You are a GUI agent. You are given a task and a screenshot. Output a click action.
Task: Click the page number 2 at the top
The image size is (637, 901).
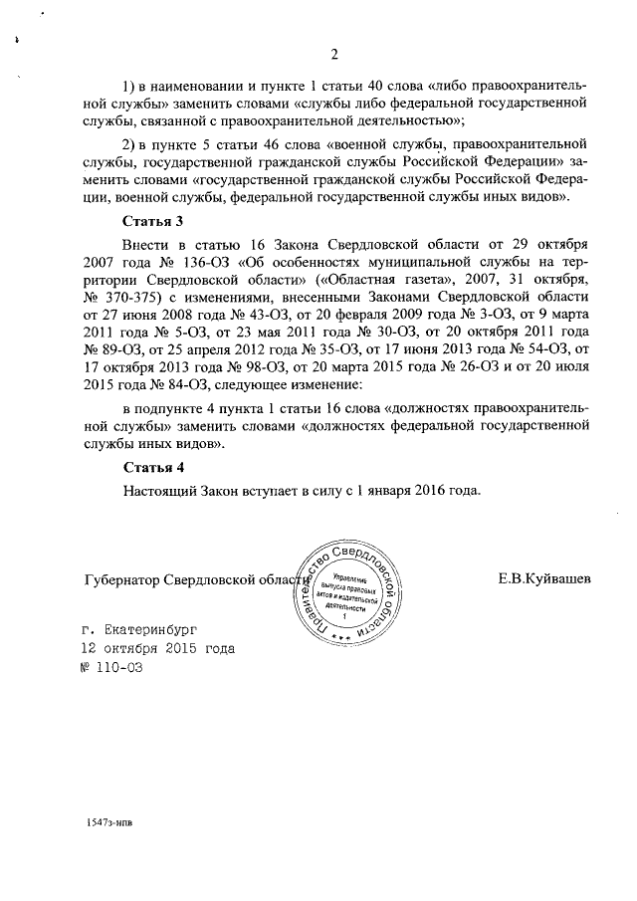(334, 54)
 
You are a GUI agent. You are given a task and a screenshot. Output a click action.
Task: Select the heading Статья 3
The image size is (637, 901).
(153, 220)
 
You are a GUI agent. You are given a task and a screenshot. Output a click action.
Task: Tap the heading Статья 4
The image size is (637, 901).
(153, 467)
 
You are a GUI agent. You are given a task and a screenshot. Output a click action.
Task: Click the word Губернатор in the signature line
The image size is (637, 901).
(122, 579)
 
